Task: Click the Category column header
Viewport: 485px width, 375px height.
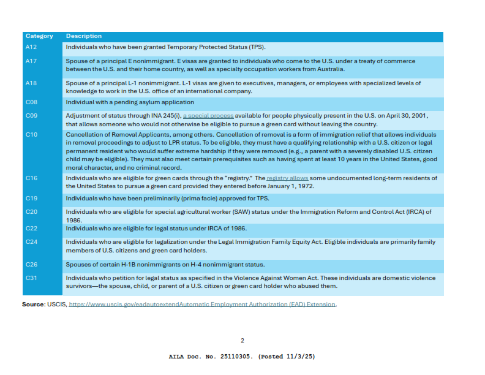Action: [39, 36]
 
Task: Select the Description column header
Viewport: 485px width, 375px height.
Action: [84, 36]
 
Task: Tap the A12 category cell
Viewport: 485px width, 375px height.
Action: [32, 47]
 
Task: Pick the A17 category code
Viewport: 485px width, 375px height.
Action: [32, 61]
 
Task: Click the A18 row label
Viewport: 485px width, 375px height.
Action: [32, 83]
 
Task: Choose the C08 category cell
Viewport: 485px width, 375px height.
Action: [32, 102]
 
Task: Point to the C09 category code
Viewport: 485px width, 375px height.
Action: [32, 115]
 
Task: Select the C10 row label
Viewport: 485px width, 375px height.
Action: [32, 134]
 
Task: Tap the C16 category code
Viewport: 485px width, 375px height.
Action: [32, 178]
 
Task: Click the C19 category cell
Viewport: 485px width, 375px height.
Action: [32, 199]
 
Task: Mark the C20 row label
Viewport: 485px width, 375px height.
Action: [32, 212]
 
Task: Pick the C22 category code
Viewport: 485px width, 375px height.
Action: [32, 229]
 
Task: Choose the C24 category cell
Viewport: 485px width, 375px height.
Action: [32, 242]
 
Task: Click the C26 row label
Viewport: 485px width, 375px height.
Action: [32, 265]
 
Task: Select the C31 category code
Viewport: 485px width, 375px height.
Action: [32, 278]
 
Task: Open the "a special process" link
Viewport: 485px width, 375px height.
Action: [208, 115]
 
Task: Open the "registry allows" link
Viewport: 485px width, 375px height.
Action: [287, 178]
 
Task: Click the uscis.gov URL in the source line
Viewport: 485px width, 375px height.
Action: [202, 304]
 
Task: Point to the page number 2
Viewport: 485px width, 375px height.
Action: [242, 341]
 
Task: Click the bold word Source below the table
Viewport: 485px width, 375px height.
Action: [33, 304]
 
